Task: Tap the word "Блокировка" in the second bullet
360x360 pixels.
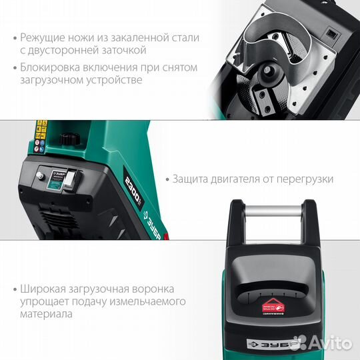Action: coord(51,67)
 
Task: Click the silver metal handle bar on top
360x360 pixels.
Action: coord(273,212)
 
